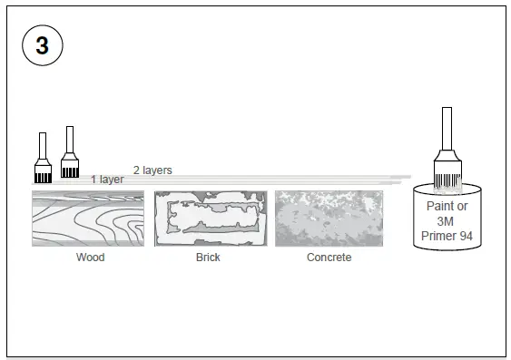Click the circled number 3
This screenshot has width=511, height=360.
(42, 46)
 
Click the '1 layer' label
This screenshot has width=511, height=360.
(107, 180)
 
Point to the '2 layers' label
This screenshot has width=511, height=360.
(152, 170)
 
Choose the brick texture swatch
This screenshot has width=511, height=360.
(210, 218)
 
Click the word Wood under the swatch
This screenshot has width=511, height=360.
(90, 258)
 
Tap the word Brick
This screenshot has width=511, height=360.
(208, 258)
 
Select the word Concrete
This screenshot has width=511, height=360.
(329, 258)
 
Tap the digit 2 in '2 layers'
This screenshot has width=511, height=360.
(136, 170)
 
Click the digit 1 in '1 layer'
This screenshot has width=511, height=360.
(93, 180)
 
